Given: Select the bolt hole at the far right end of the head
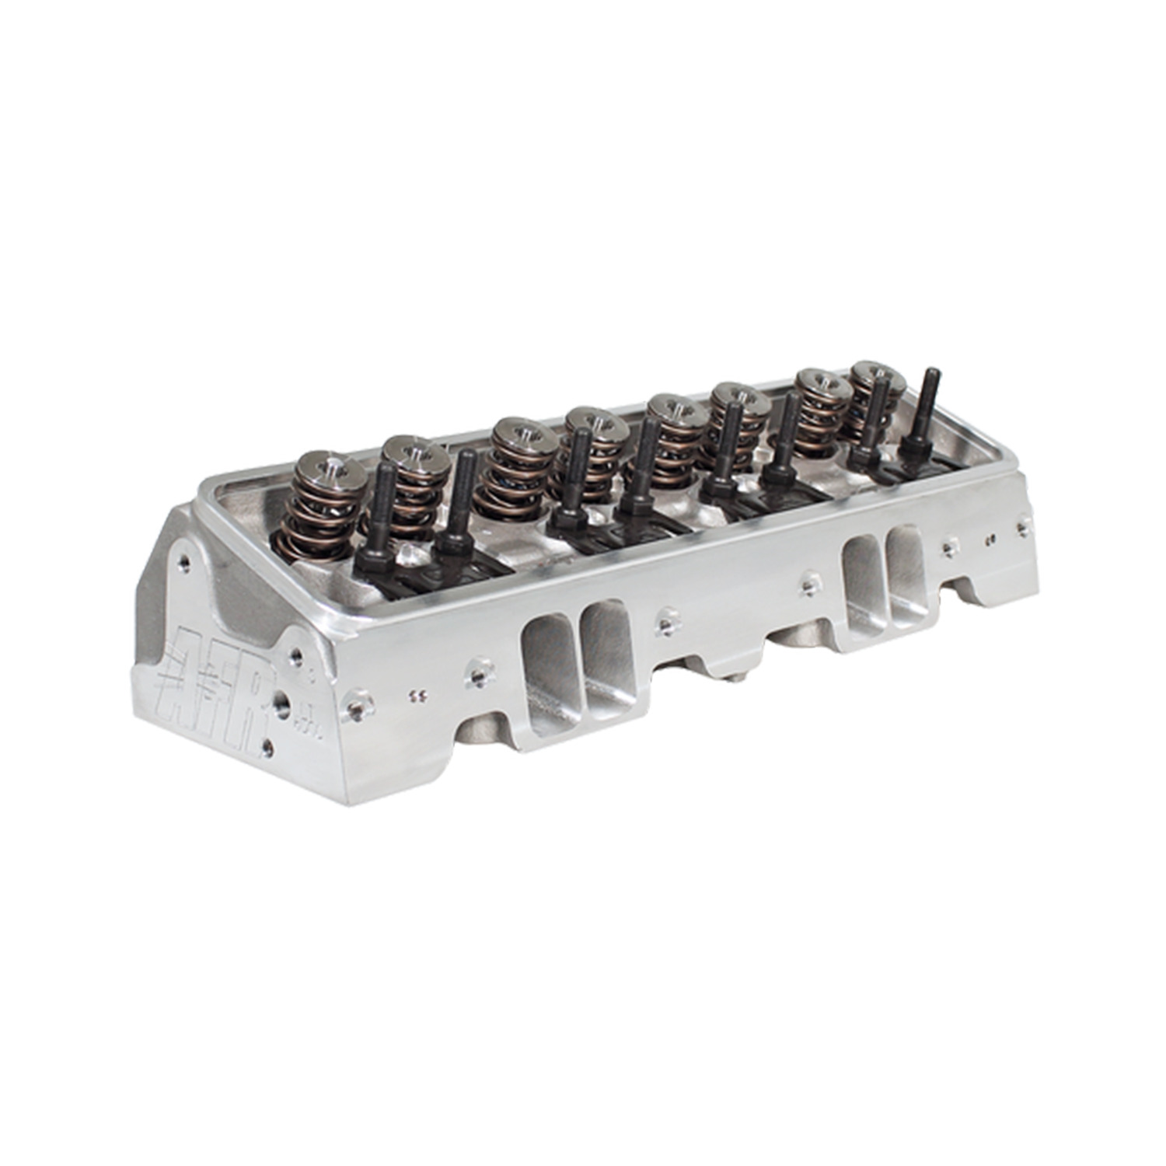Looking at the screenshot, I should coord(1021,528).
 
